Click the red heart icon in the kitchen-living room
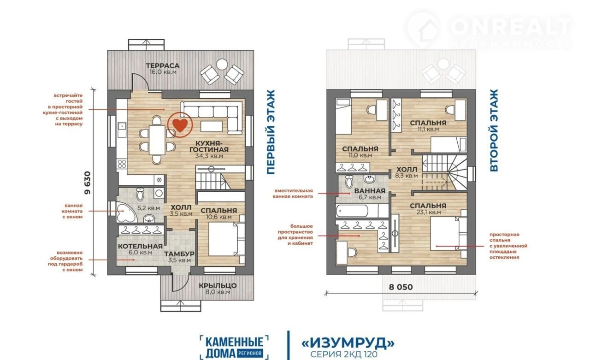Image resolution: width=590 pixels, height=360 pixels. point(180,125)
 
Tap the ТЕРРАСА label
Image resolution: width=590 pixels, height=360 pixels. point(163,65)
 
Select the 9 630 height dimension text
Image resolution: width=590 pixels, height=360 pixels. point(88,183)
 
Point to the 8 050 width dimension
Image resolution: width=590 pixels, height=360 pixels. point(401,287)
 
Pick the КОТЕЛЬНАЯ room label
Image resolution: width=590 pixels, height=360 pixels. point(140,247)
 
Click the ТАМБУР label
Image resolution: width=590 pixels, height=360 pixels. point(179,254)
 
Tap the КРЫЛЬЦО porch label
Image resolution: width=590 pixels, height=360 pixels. point(218,285)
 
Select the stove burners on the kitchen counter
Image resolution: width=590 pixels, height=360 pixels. point(122,163)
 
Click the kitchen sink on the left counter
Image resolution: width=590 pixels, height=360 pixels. point(122,130)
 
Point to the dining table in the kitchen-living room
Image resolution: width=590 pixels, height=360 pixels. point(157,140)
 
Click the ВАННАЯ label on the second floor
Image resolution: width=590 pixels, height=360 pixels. point(370,191)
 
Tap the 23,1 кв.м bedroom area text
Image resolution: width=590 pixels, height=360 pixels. point(428,212)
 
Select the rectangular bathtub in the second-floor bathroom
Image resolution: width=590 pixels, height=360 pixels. point(352,211)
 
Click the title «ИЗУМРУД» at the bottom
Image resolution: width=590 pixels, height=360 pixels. point(348,343)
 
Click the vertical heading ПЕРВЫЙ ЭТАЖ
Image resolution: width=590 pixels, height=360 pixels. point(271,132)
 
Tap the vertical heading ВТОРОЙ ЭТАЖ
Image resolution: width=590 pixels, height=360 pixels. point(494,130)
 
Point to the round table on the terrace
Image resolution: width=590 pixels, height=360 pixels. point(222,64)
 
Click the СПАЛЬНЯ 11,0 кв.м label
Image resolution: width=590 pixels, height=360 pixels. point(360,152)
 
